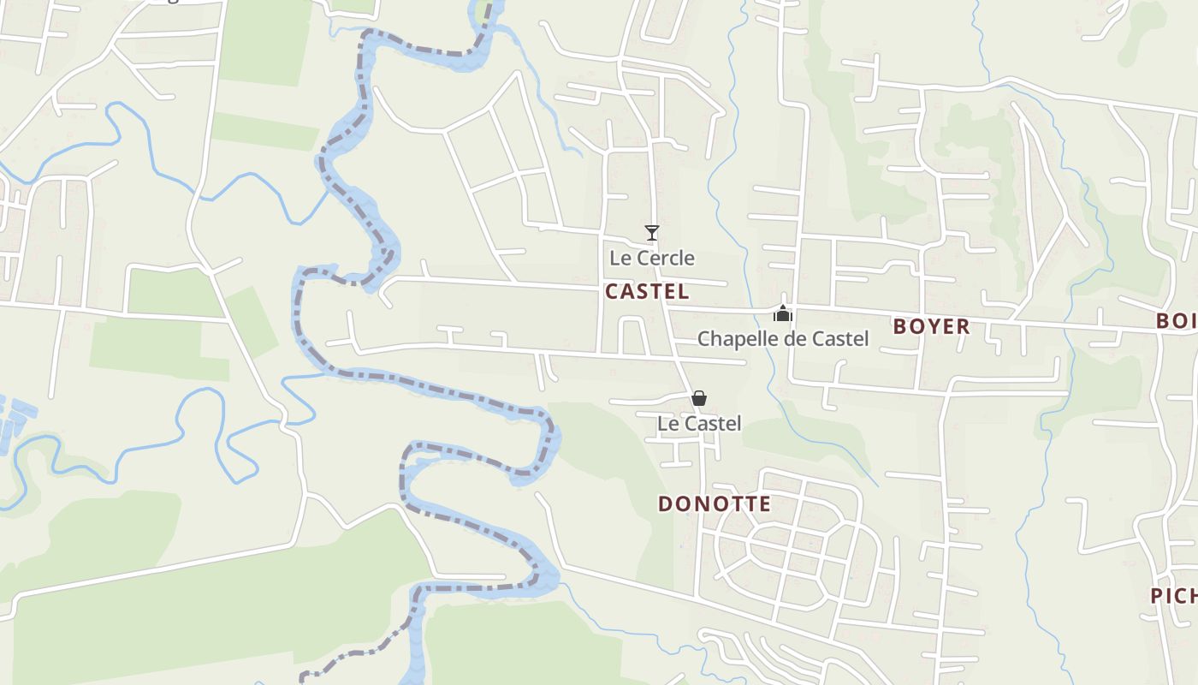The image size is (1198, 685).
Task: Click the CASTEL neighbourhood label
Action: click(647, 292)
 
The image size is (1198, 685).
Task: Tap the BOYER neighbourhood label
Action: click(932, 326)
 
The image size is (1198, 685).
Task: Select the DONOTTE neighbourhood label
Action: click(715, 504)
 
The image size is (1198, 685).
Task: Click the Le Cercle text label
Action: click(652, 258)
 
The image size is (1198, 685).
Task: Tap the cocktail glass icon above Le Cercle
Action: click(652, 232)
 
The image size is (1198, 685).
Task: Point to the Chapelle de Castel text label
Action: click(783, 339)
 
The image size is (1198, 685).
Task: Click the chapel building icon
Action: click(783, 313)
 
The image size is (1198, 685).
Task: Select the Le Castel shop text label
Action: click(699, 424)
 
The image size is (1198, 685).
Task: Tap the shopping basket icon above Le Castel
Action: click(699, 398)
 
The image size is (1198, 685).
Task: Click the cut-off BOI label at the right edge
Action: click(1177, 321)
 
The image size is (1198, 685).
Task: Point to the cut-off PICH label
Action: click(1173, 596)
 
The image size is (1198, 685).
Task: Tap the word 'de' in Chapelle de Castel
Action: click(791, 339)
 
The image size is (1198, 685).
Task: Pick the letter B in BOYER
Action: click(900, 326)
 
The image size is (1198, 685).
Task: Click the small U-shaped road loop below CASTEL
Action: click(632, 333)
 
